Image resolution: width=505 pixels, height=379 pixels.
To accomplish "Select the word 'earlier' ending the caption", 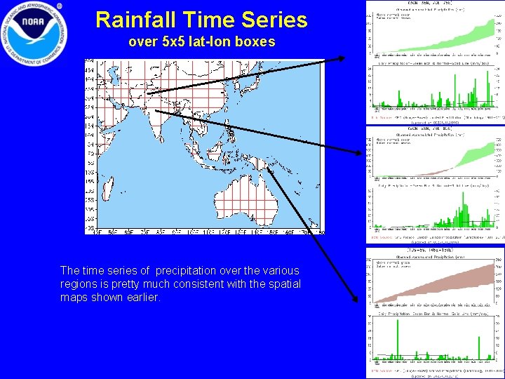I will pos(141,297).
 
